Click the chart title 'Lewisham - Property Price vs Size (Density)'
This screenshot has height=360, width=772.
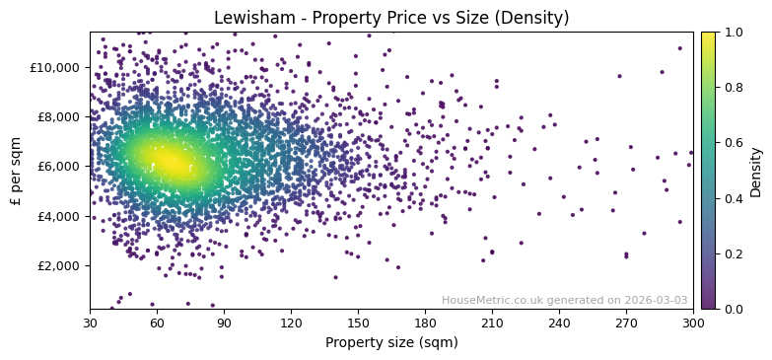(x=391, y=18)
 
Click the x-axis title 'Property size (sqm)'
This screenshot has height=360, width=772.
(x=391, y=342)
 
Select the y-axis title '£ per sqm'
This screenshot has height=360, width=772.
(x=17, y=171)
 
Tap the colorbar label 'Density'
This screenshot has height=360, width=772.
(x=756, y=171)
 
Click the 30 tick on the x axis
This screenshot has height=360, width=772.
(x=90, y=323)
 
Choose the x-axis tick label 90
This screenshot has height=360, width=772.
(x=224, y=323)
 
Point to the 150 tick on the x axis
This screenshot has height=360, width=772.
(x=358, y=323)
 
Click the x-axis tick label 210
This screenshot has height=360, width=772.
(x=492, y=323)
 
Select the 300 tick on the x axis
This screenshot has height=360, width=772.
(x=693, y=323)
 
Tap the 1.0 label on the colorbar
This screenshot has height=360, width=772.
(x=735, y=32)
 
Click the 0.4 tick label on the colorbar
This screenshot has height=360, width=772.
(x=735, y=198)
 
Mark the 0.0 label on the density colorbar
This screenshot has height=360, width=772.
(x=735, y=309)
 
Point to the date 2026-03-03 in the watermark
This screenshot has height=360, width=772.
(x=656, y=301)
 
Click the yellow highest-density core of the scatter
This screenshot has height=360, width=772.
(x=169, y=161)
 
